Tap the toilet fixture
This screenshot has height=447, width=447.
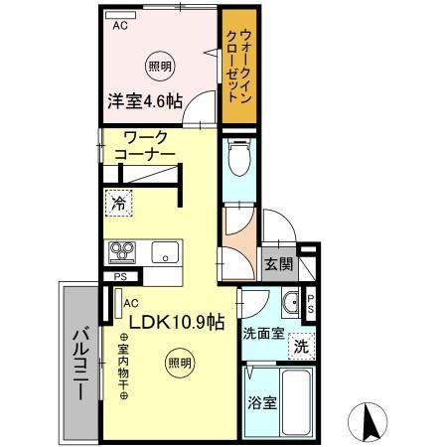tap(238, 158)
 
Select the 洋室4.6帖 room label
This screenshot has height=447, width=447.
tap(143, 100)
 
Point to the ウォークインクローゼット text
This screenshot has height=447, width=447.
tap(237, 62)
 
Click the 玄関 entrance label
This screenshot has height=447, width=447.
tap(278, 264)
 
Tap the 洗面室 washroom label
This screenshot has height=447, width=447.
tap(264, 334)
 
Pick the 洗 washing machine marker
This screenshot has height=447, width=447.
tap(299, 348)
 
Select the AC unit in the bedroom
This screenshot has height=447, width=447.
tap(119, 24)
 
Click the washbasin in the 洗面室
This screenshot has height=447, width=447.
tap(292, 303)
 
